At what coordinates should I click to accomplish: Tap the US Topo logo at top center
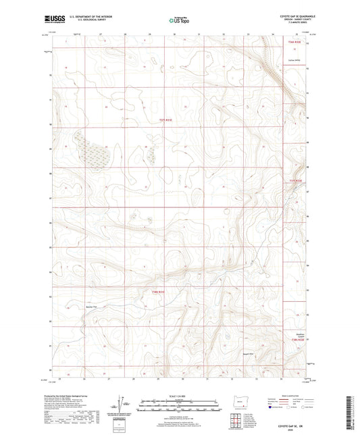(180, 20)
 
